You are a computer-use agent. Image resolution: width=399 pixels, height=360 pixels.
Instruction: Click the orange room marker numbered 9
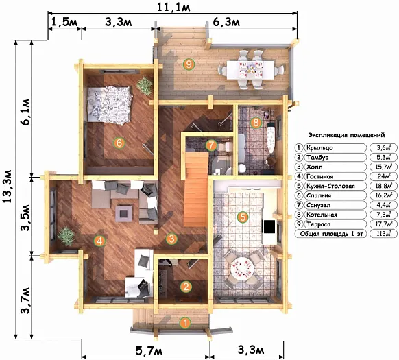[x=189, y=64]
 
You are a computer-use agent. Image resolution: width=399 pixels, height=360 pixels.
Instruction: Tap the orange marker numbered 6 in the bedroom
[x=119, y=143]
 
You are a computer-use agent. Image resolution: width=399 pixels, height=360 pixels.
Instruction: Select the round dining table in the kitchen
[x=242, y=269]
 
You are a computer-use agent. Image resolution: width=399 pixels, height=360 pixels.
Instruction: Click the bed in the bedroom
[x=110, y=105]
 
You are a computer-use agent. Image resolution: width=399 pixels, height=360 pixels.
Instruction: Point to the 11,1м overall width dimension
[x=173, y=8]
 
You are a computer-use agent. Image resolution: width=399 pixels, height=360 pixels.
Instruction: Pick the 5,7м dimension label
[x=149, y=351]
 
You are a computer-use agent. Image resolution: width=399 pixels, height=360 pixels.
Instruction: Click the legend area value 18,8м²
[x=383, y=186]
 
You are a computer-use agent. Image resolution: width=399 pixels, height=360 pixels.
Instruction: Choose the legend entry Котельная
[x=322, y=215]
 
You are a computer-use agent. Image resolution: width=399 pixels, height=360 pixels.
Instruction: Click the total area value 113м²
[x=383, y=233]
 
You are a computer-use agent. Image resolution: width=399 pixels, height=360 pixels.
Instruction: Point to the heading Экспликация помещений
[x=346, y=135]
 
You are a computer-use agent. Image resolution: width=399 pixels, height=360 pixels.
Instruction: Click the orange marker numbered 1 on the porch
[x=186, y=323]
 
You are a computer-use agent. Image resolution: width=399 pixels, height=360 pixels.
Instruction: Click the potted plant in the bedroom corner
[x=145, y=85]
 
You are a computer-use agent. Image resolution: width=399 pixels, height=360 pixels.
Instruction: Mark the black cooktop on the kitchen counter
[x=269, y=226]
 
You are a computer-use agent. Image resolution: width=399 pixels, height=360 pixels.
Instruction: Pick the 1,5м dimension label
[x=65, y=22]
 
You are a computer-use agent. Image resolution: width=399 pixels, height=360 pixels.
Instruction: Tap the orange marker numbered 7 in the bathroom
[x=211, y=145]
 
